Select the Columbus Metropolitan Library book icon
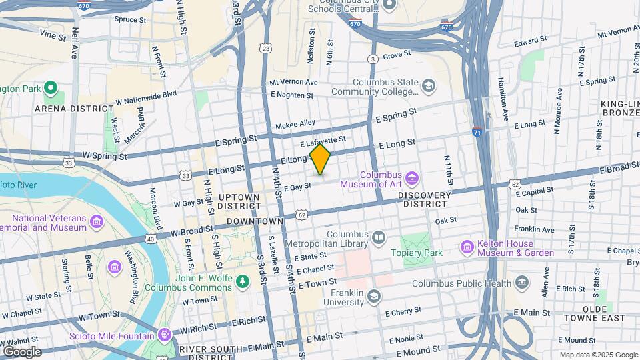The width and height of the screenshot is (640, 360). (x=379, y=237)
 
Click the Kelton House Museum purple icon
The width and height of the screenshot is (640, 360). (x=467, y=248)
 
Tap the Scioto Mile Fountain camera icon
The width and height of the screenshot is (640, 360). (x=164, y=333)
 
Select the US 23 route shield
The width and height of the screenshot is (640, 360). (x=267, y=49)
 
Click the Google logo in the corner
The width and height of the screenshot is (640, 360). (x=21, y=351)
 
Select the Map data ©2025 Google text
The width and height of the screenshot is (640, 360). (x=598, y=355)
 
